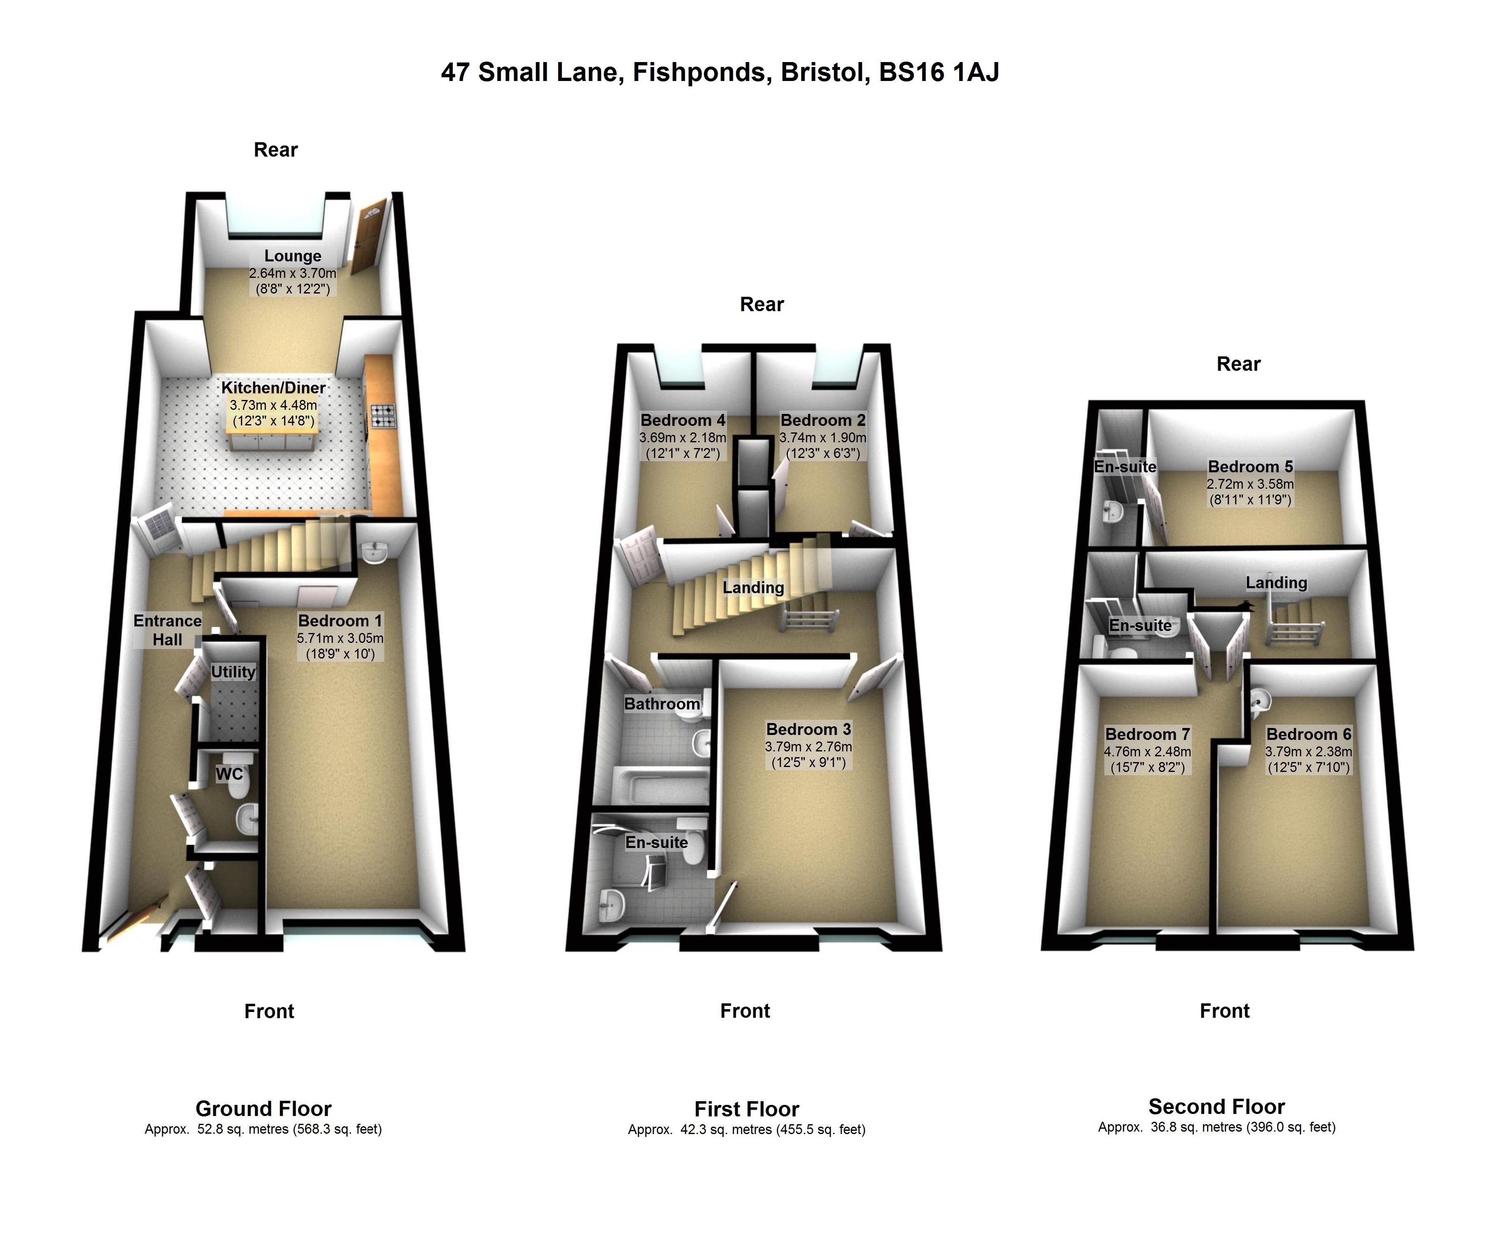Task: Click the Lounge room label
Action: coord(293,256)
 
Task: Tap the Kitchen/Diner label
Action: coord(274,388)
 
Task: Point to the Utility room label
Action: coord(233,672)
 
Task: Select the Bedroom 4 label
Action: coord(683,420)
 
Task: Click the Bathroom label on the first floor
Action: coord(662,704)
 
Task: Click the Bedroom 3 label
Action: coord(808,730)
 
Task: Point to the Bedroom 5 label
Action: coord(1250,467)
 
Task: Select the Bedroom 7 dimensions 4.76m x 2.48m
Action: coord(1147,751)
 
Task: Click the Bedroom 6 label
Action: coord(1309,735)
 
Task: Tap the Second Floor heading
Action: coord(1217,1106)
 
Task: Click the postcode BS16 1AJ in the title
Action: coord(939,72)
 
